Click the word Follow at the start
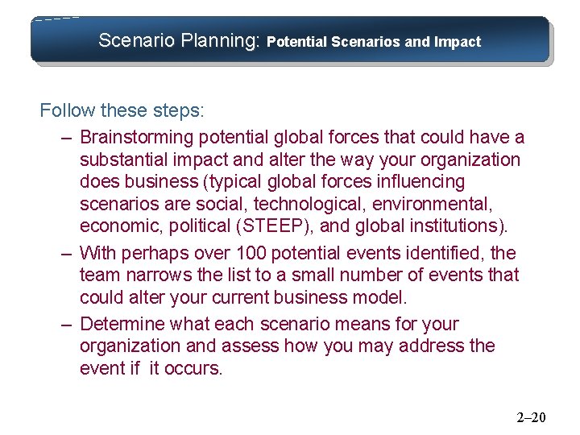tap(66, 110)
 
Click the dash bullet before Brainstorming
tap(68, 137)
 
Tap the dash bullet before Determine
tap(68, 325)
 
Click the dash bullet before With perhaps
tap(68, 254)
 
